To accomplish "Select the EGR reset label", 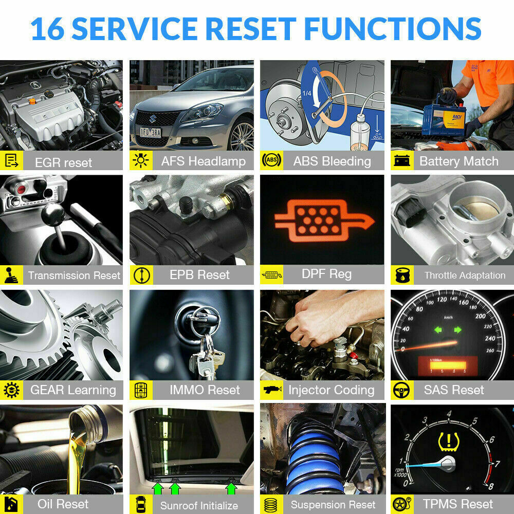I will [x=63, y=162].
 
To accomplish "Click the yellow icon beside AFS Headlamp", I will [x=140, y=161].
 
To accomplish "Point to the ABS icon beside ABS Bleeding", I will [x=271, y=161].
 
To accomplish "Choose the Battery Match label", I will [x=458, y=161].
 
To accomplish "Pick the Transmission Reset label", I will [x=74, y=276].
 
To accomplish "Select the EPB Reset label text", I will [x=199, y=275].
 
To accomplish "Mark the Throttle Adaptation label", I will [x=465, y=276].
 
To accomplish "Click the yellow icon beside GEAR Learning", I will [x=11, y=390].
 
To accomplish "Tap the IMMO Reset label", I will [x=205, y=390].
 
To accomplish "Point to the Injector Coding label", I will [x=331, y=390].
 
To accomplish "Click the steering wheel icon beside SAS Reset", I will [x=401, y=390].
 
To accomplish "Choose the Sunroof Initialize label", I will [x=199, y=505].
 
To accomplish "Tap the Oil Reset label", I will [x=63, y=504].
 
